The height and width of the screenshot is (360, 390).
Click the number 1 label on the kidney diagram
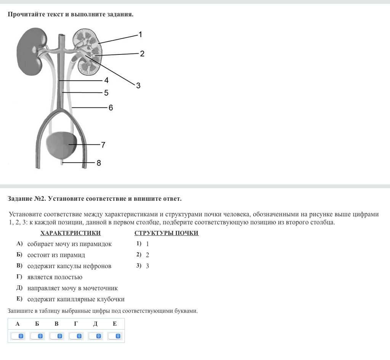(140, 34)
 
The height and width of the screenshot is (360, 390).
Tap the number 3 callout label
(138, 86)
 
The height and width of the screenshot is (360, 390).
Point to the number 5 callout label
(106, 93)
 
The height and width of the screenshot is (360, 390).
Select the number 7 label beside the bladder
(103, 145)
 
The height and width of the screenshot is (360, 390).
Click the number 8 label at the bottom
(99, 163)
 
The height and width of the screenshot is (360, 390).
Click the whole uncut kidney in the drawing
(31, 52)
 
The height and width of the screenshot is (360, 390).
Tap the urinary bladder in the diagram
(61, 145)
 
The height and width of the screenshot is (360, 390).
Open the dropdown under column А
(18, 336)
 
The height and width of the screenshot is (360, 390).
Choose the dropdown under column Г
(76, 336)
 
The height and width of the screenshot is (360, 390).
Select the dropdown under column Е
(115, 336)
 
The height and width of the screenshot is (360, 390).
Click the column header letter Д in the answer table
(95, 324)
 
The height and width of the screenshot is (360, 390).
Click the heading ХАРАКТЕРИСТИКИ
(70, 233)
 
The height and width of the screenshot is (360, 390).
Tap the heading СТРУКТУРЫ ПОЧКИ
(166, 233)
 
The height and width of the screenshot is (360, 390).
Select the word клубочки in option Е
(110, 299)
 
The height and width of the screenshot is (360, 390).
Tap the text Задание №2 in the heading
(27, 198)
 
